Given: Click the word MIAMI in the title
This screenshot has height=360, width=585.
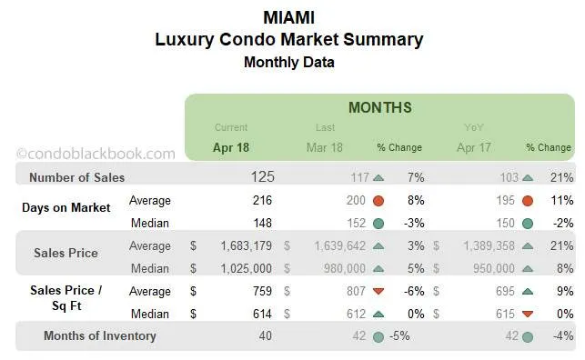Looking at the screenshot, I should [x=289, y=17].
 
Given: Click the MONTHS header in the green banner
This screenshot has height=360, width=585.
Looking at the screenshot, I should [x=379, y=107].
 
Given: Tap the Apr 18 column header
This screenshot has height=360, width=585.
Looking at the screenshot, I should [x=231, y=146].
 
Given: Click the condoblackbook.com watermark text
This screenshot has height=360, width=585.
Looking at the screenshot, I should [x=96, y=154].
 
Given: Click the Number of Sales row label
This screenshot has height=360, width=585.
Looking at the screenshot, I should [x=76, y=177].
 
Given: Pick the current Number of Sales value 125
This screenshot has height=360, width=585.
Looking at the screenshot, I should [x=262, y=176].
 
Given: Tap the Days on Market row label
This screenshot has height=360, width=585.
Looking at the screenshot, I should [x=66, y=207].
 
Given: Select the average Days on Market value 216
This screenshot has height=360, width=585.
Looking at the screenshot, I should [x=263, y=200].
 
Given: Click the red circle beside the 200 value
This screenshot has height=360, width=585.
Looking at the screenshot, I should [x=378, y=200].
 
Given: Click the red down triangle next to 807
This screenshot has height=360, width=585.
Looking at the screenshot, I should [x=378, y=291].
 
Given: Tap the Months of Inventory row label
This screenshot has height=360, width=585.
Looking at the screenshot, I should [x=99, y=335].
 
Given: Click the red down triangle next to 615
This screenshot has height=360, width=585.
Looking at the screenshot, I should [x=527, y=314].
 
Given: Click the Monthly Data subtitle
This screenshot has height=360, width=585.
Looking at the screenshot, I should [x=289, y=63].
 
